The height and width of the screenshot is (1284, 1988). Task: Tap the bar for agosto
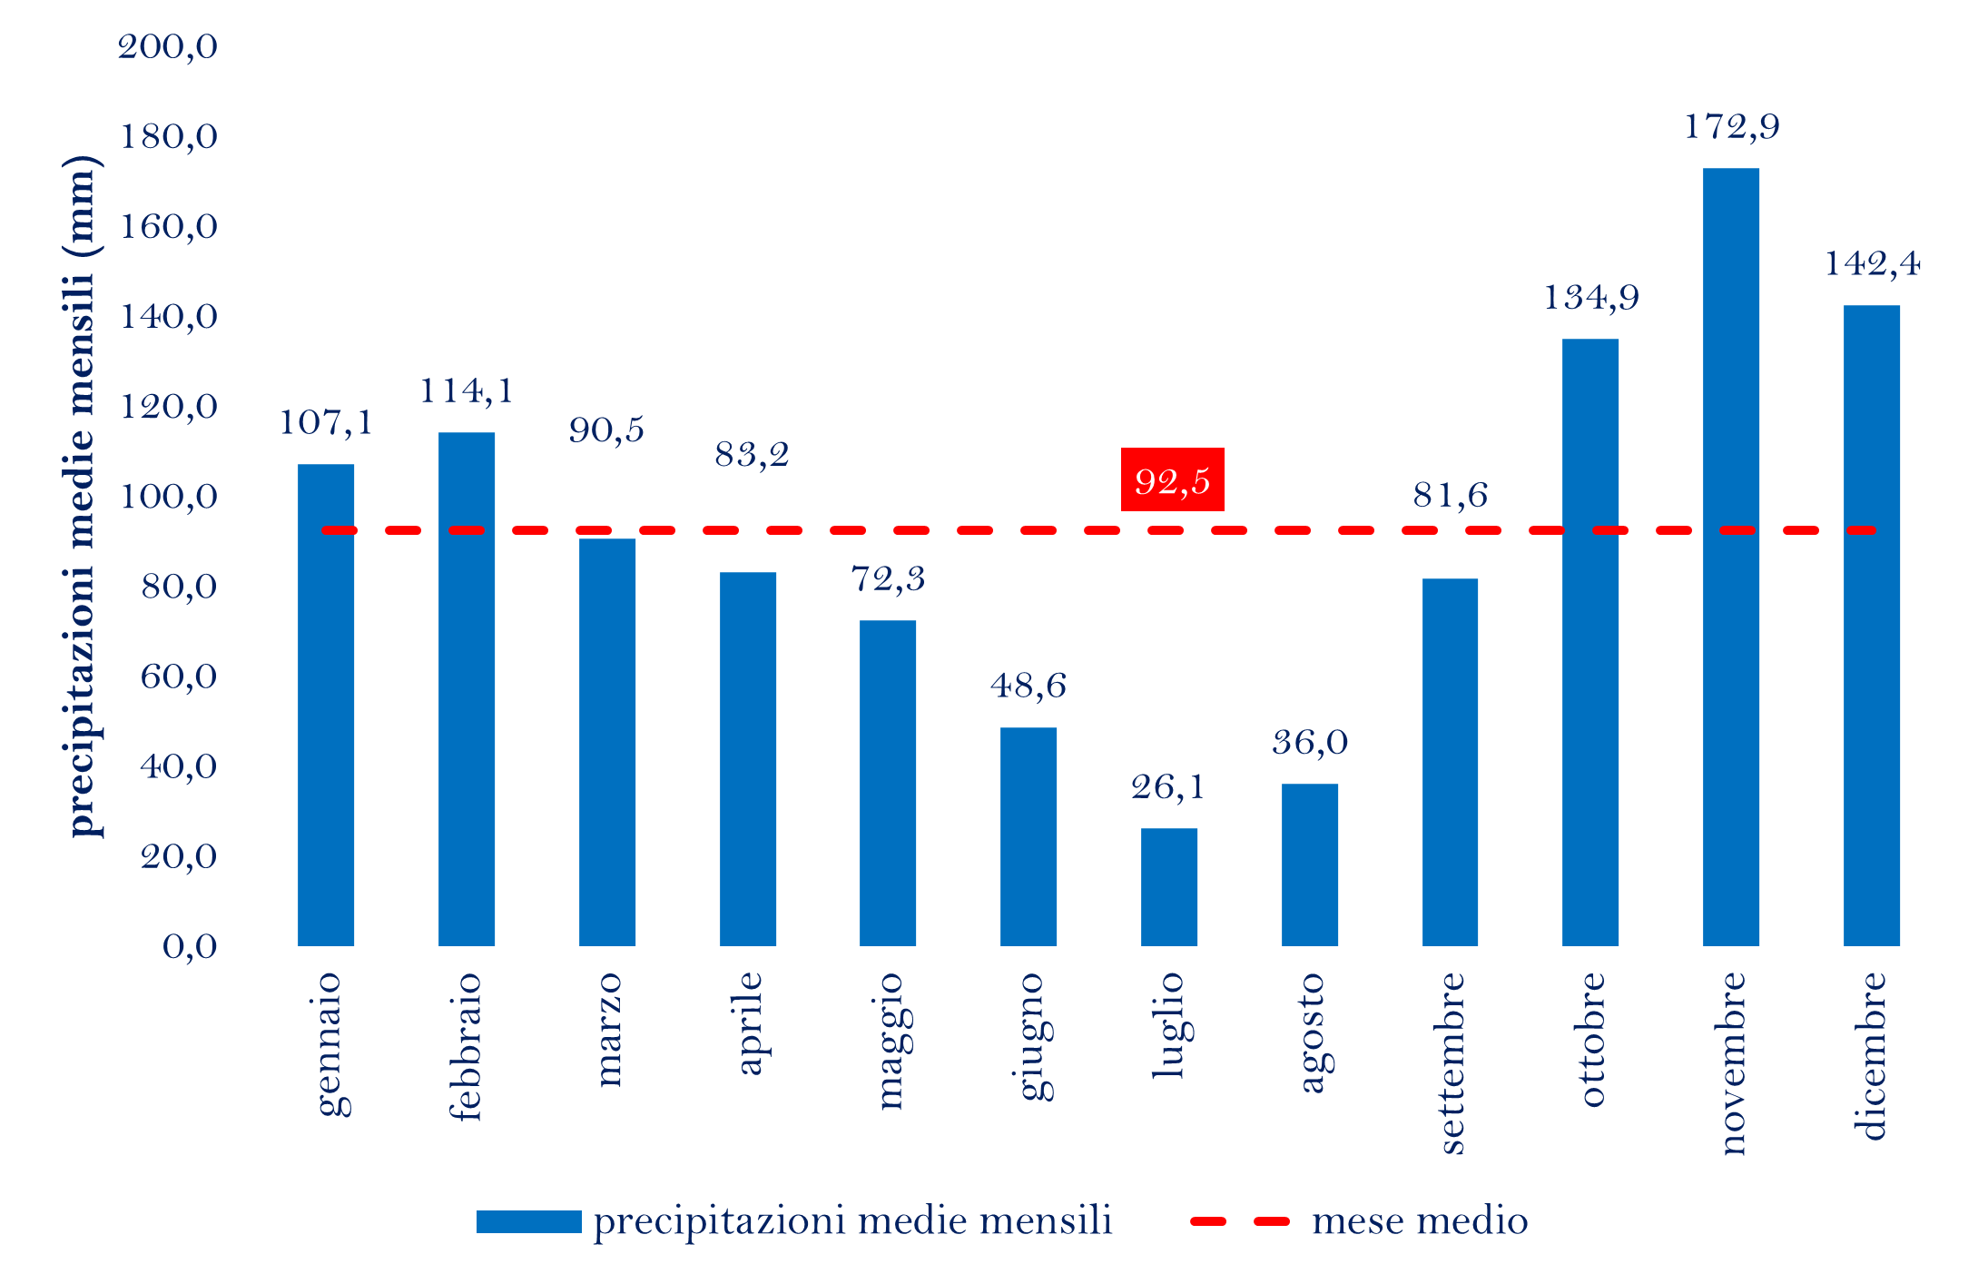[1309, 864]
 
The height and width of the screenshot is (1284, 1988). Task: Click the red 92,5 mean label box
[1172, 479]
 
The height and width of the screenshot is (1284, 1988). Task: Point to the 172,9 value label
[1731, 127]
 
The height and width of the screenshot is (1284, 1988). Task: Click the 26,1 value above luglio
[1167, 787]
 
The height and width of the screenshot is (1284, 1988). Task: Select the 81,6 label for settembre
[1450, 496]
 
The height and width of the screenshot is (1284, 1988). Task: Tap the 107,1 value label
[325, 423]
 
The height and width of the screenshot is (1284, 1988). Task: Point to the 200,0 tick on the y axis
[168, 46]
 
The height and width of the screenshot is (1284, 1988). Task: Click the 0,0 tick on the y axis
[190, 946]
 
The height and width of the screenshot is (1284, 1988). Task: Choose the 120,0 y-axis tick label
[169, 406]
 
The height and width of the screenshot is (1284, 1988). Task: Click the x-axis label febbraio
[466, 1046]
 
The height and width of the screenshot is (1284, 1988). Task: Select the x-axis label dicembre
[1870, 1055]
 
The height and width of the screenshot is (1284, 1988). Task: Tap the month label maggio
[889, 1041]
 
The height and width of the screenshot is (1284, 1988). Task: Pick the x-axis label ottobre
[1590, 1040]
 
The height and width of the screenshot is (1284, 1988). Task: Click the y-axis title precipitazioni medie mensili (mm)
[82, 496]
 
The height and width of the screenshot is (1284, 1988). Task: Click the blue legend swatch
[528, 1221]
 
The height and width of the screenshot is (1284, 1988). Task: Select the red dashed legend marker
[1239, 1221]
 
